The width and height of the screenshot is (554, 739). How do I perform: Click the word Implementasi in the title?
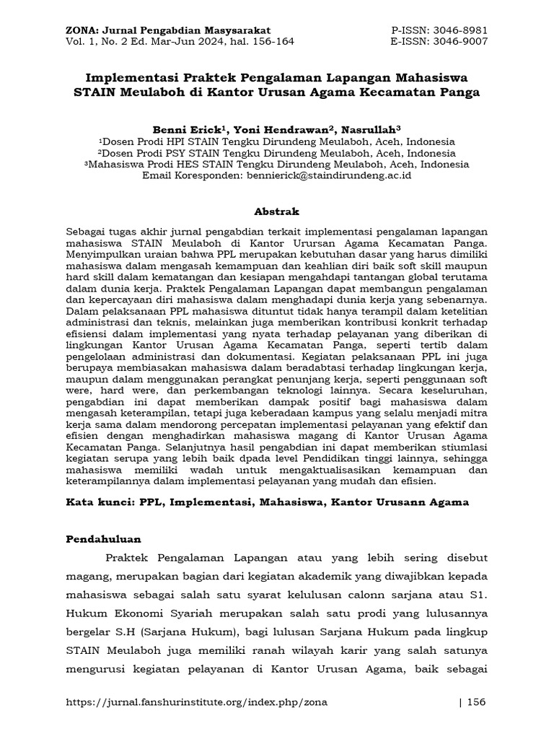click(x=133, y=76)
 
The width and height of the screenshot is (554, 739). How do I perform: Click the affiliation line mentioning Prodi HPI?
click(x=277, y=141)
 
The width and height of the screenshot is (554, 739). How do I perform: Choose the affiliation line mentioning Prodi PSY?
click(x=277, y=153)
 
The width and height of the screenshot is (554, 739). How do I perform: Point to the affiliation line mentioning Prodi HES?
click(x=277, y=164)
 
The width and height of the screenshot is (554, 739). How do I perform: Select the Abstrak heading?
click(x=276, y=211)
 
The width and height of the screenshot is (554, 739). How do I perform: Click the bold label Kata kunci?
click(x=97, y=502)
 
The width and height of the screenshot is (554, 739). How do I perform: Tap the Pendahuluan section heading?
click(x=104, y=539)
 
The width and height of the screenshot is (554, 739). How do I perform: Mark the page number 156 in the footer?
click(x=478, y=702)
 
